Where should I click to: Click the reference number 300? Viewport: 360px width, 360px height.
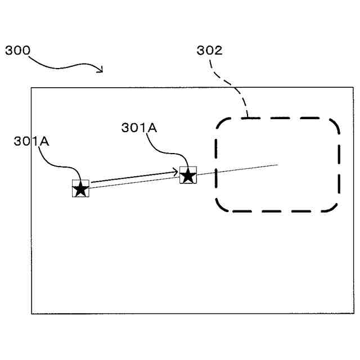[x=17, y=50]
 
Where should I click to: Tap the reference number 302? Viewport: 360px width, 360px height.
[x=209, y=50]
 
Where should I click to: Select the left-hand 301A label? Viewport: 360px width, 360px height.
[x=31, y=141]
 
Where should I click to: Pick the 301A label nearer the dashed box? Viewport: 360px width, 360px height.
[x=139, y=128]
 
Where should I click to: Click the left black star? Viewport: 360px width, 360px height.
[x=80, y=189]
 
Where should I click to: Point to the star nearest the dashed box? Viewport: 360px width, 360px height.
[x=188, y=175]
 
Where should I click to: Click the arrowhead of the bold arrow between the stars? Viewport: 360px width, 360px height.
[x=177, y=172]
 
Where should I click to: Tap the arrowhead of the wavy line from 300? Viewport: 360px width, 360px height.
[x=101, y=70]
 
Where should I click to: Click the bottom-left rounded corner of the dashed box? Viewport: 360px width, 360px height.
[x=220, y=206]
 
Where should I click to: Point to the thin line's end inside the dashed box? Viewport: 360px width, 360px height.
[x=278, y=165]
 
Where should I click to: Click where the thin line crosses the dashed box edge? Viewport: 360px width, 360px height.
[x=216, y=172]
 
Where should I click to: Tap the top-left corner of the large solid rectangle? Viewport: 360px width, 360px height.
[x=31, y=87]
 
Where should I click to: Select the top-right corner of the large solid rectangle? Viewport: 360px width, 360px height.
[x=354, y=87]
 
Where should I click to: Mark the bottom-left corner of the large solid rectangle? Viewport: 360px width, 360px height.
[x=31, y=313]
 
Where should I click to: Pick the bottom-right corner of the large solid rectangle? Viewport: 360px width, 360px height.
[x=354, y=313]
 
